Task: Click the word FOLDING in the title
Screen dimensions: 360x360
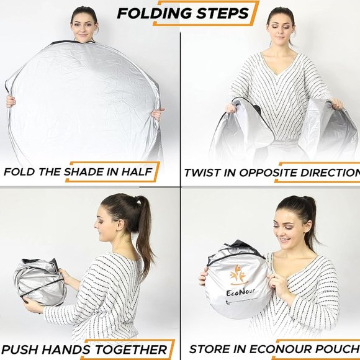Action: [155, 13]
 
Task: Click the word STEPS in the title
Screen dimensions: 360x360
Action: [222, 13]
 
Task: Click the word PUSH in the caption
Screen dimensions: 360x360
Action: [20, 349]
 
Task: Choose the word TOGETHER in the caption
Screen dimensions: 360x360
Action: [131, 349]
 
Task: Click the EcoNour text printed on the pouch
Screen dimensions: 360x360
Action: [240, 292]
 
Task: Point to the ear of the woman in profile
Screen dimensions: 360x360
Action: [120, 225]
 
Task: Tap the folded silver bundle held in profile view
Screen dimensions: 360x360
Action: [40, 282]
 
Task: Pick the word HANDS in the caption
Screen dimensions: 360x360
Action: [66, 349]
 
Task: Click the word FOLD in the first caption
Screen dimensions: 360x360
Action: [19, 172]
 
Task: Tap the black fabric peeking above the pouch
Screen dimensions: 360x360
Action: [243, 246]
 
